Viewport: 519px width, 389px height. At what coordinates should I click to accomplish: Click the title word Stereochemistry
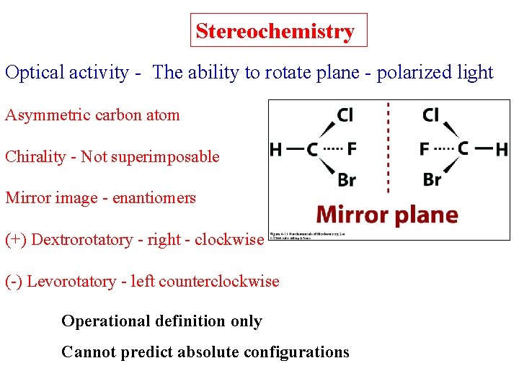click(275, 32)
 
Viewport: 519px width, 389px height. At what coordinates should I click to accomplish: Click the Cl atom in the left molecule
click(345, 115)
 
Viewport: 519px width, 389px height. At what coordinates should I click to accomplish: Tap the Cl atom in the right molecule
click(431, 115)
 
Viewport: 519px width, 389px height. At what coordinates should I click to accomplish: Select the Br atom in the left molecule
click(346, 179)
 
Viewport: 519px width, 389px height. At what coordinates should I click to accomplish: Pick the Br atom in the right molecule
click(432, 179)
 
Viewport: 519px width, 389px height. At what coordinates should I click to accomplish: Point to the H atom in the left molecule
click(275, 150)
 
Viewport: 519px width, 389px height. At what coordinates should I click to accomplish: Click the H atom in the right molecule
click(502, 150)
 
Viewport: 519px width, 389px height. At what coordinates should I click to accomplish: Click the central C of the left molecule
click(312, 150)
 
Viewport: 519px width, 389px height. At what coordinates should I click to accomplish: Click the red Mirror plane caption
click(388, 215)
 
